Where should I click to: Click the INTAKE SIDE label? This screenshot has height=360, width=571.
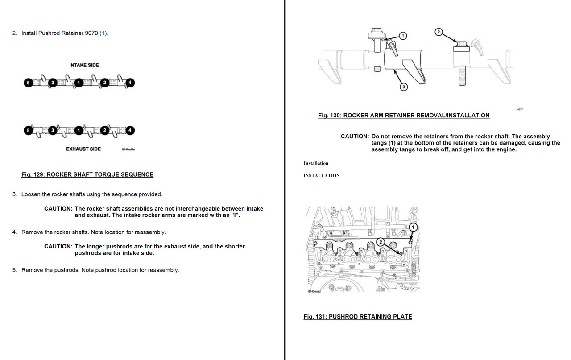tap(84, 65)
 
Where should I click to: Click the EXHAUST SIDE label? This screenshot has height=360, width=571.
tap(83, 149)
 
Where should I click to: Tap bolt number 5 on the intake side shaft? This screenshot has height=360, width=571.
tap(28, 83)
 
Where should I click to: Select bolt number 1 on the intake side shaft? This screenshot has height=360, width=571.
tap(79, 83)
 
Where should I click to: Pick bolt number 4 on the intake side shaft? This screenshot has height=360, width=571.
tap(129, 83)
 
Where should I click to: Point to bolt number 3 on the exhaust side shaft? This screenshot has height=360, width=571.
tap(53, 130)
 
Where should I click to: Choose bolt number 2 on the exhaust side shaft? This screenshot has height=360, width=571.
tap(104, 130)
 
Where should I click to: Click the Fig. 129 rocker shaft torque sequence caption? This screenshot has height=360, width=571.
tap(87, 174)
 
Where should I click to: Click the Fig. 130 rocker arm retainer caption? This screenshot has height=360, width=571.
tap(404, 116)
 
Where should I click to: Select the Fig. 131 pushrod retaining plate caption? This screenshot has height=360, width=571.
tap(358, 317)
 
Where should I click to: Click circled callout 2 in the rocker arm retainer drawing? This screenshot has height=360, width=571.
tap(438, 32)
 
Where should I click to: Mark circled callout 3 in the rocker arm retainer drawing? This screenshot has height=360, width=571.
tap(404, 87)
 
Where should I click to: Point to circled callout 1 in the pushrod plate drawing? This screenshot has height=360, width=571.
tap(413, 227)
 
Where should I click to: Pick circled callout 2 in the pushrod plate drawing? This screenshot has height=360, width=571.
tap(381, 242)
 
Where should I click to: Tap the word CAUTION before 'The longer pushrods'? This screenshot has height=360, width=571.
tap(58, 247)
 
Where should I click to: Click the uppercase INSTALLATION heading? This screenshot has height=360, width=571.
tap(322, 176)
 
